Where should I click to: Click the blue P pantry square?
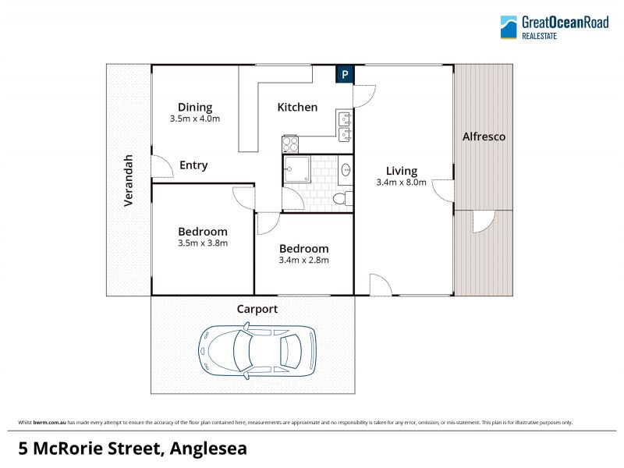(x=345, y=74)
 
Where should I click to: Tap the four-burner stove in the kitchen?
(x=290, y=144)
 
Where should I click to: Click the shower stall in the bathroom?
(x=296, y=169)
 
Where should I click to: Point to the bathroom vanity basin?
(x=346, y=170)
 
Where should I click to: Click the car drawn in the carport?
(x=257, y=350)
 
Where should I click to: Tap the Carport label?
(x=257, y=309)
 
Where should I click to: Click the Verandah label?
(x=128, y=180)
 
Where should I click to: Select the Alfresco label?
(x=484, y=136)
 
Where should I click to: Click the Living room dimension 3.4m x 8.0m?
(x=401, y=183)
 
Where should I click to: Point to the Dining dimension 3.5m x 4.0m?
(x=194, y=119)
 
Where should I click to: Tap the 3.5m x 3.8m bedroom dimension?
(x=203, y=243)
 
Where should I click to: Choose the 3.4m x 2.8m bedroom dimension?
(x=303, y=261)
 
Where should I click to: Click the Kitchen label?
(x=297, y=107)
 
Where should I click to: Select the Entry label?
(x=193, y=165)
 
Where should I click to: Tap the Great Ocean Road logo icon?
(x=509, y=27)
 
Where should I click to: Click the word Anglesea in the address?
(x=208, y=448)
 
